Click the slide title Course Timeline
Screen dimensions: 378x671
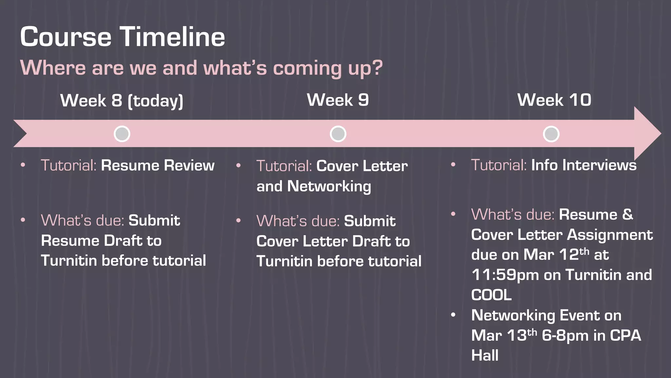[x=123, y=37]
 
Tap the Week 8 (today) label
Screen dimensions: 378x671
[x=122, y=100]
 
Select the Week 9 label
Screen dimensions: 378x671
[x=338, y=100]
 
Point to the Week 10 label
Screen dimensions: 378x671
[x=554, y=100]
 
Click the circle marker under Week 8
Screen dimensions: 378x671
[x=122, y=134]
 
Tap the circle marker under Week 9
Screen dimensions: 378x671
[x=338, y=134]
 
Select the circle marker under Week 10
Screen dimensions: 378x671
[x=551, y=134]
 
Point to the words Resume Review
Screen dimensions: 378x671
[x=158, y=165]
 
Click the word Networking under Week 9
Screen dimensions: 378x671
[x=329, y=186]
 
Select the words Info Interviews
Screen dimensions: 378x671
[x=584, y=165]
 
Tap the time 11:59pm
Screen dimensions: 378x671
[x=505, y=275]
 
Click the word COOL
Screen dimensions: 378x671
[x=491, y=295]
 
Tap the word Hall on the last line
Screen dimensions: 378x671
[x=485, y=355]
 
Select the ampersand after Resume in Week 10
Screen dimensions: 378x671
[x=627, y=215]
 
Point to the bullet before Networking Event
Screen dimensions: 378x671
[x=453, y=315]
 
